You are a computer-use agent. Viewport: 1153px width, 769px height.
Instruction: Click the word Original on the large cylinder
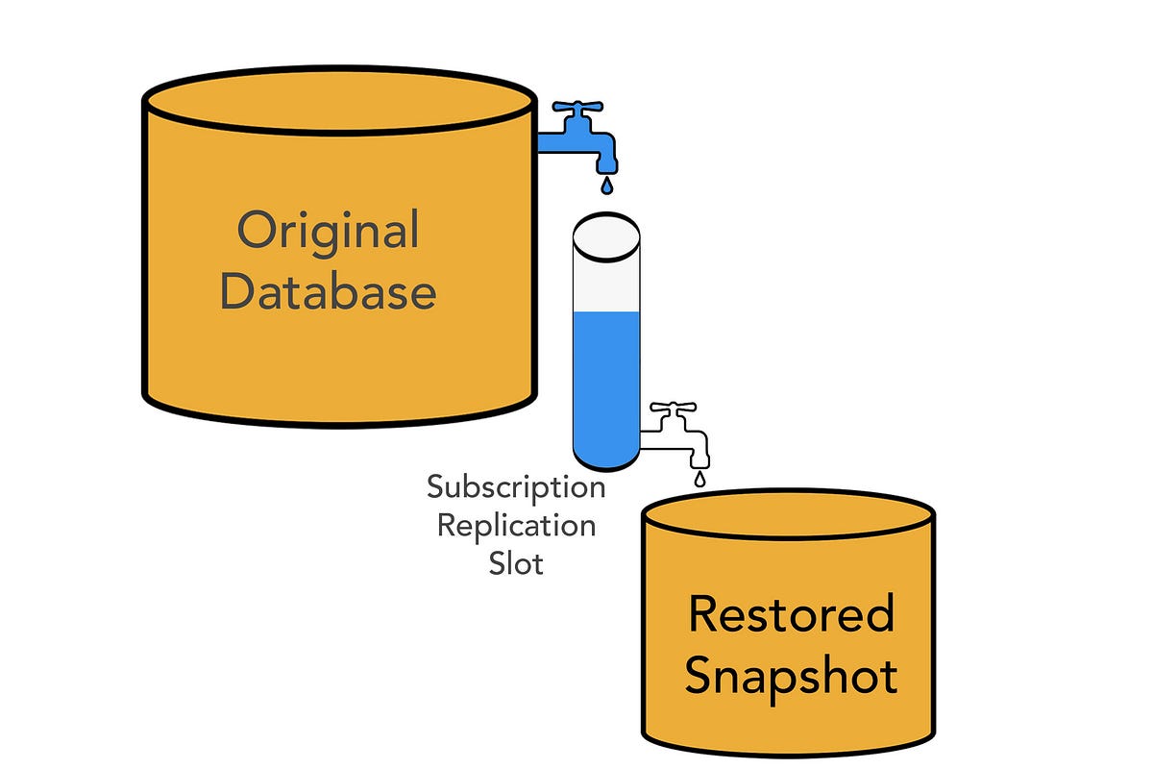click(x=328, y=232)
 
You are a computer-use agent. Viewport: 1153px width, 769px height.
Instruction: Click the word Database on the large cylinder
click(x=328, y=291)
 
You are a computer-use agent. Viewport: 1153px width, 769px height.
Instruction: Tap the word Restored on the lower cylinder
click(x=791, y=614)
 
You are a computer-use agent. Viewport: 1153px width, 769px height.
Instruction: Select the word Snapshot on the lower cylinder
click(x=791, y=675)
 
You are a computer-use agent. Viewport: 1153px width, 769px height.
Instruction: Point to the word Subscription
click(x=516, y=486)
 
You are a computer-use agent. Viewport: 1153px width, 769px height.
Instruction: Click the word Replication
click(x=516, y=525)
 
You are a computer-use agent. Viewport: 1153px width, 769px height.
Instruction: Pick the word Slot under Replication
click(x=516, y=562)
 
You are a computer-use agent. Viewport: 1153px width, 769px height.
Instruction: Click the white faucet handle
click(x=678, y=408)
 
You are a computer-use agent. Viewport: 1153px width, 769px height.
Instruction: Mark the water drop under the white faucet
click(x=699, y=477)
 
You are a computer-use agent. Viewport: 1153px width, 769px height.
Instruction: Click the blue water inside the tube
click(x=606, y=384)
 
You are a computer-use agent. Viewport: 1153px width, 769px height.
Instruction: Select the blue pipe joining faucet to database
click(x=552, y=142)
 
